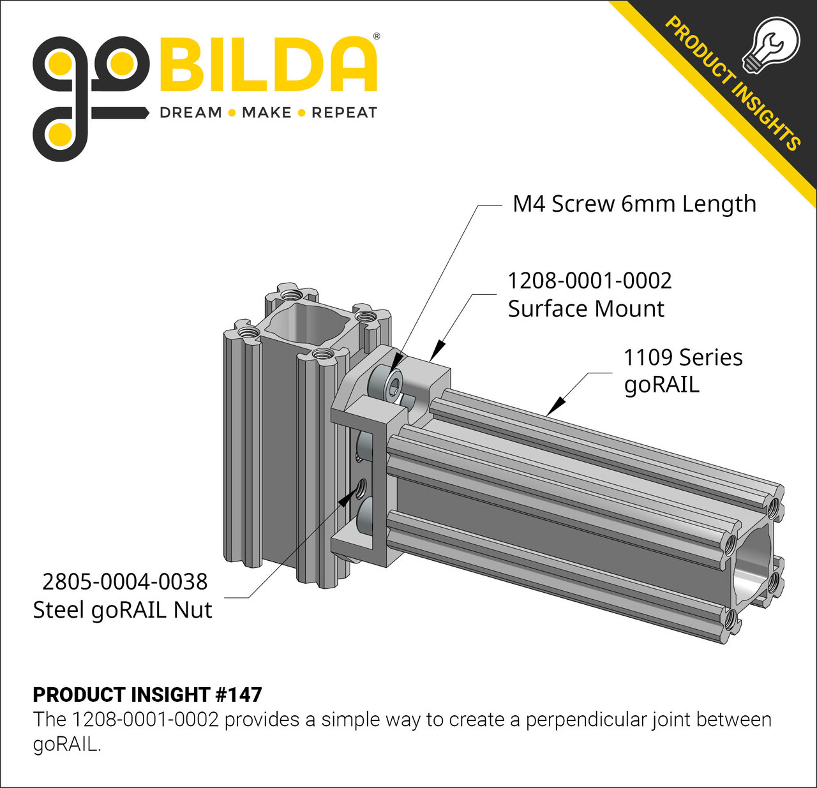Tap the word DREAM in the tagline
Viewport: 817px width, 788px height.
coord(190,113)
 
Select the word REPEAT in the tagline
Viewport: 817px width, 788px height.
coord(344,113)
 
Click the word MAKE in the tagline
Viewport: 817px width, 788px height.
coord(266,113)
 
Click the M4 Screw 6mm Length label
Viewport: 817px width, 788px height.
coord(634,204)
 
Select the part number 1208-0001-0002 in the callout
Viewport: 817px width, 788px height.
coord(589,281)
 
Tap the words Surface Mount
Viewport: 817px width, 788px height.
coord(586,309)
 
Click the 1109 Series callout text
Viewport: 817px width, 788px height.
coord(682,357)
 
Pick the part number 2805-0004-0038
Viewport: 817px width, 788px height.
coord(125,582)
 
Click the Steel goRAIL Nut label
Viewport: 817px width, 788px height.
coord(123,610)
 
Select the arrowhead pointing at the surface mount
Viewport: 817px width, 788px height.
coord(436,352)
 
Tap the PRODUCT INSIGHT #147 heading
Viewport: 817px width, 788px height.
coord(147,694)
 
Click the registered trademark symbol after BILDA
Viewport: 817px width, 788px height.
coord(376,36)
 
